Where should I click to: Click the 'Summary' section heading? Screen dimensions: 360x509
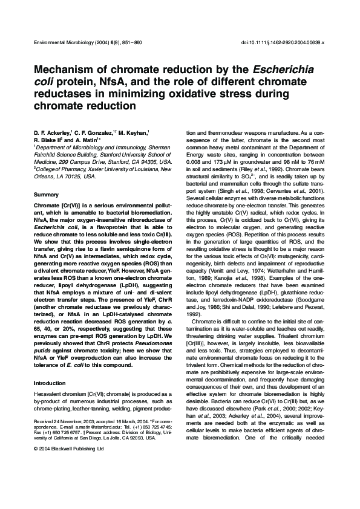pos(46,195)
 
